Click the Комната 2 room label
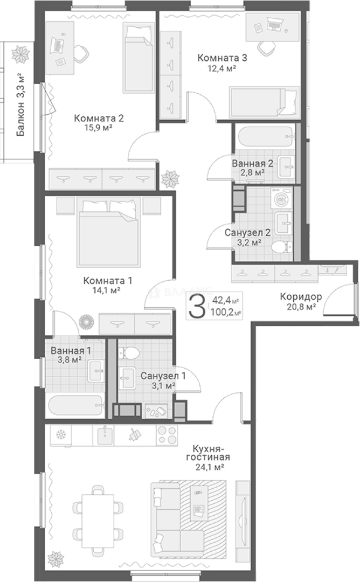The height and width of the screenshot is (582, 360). (99, 119)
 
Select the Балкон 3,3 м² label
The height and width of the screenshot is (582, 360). (21, 105)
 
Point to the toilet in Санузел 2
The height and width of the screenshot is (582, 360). (282, 246)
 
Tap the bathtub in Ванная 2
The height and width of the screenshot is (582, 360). (265, 138)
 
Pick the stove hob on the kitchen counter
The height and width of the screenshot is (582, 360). (167, 435)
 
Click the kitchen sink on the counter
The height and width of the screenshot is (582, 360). (106, 435)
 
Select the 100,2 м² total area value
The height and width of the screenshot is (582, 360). (226, 313)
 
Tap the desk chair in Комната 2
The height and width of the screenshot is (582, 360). (80, 54)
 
